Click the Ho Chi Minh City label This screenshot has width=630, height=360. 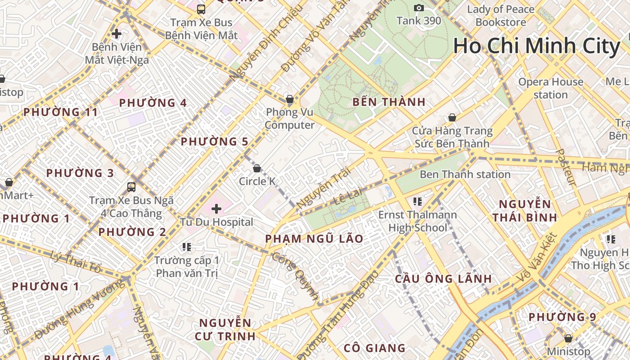click(536, 46)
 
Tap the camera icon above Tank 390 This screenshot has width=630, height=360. click(419, 8)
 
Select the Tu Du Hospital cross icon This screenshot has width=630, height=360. click(216, 209)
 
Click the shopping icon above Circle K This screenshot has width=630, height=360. click(257, 168)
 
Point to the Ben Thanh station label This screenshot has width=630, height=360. click(465, 175)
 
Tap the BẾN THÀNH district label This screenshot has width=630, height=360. click(389, 102)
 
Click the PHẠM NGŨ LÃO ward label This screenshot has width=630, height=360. click(314, 239)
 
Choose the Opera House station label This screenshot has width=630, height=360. click(550, 88)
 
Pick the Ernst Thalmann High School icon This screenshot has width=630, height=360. click(417, 201)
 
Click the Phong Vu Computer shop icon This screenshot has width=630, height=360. click(290, 99)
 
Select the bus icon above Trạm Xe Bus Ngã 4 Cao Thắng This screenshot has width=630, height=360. click(131, 187)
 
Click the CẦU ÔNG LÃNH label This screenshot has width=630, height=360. click(443, 279)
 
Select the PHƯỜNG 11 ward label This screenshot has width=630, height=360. click(60, 112)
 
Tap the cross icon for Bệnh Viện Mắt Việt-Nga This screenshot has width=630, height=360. click(117, 34)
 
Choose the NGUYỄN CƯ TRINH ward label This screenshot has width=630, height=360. click(225, 329)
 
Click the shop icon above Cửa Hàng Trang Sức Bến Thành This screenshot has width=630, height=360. click(452, 117)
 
